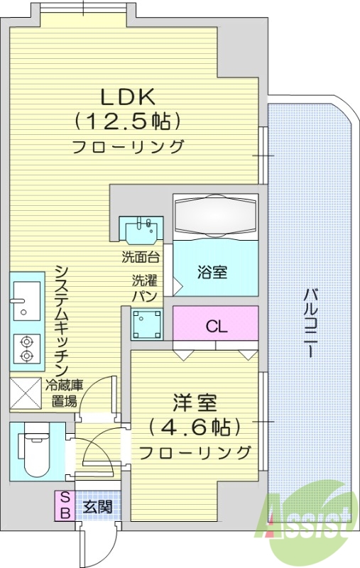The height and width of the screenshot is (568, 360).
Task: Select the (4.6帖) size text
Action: click(195, 427)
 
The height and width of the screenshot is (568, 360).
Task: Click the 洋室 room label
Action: click(195, 401)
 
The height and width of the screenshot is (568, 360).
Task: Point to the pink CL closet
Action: click(216, 326)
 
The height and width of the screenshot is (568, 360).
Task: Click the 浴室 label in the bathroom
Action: click(212, 273)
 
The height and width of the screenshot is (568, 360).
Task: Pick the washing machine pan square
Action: click(147, 324)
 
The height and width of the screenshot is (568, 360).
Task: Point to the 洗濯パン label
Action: click(143, 288)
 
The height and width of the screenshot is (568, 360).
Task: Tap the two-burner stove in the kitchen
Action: click(27, 349)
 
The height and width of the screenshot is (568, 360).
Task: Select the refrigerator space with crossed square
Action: click(25, 393)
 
